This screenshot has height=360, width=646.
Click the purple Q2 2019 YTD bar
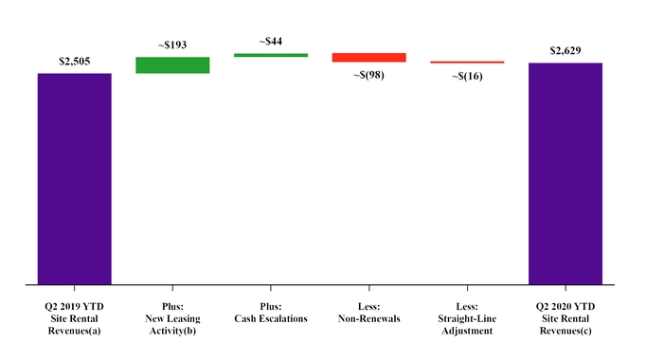click(x=75, y=178)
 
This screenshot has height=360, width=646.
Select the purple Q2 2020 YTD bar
click(x=565, y=173)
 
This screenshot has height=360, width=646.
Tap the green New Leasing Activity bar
click(x=172, y=64)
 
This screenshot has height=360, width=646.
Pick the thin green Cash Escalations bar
click(x=271, y=55)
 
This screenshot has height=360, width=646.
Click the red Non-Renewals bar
click(x=369, y=58)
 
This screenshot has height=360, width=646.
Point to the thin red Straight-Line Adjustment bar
click(x=467, y=63)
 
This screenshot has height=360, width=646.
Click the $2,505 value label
click(x=75, y=62)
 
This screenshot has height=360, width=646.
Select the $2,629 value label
click(x=565, y=50)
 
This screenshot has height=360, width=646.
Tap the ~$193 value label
click(x=172, y=45)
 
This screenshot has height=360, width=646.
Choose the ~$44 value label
click(x=271, y=42)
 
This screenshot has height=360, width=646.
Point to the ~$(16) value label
click(x=467, y=76)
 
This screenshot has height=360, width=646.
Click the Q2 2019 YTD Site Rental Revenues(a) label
click(x=75, y=318)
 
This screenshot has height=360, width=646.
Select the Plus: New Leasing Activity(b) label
click(x=172, y=318)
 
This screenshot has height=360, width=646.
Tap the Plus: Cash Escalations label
click(x=271, y=313)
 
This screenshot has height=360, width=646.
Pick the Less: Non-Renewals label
click(x=369, y=313)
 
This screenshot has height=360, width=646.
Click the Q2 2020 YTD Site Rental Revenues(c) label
click(x=565, y=318)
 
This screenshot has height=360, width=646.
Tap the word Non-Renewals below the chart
click(x=369, y=318)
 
